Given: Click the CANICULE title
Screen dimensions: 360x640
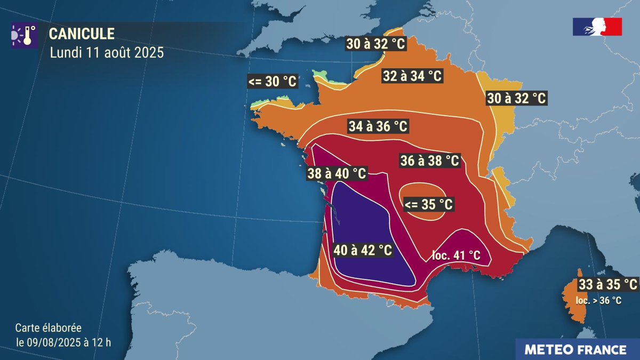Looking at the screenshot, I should coord(82,34).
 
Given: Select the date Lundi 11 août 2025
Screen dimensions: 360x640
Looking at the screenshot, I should coord(107,53).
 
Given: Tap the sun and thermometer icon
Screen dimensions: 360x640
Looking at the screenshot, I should coord(24,36).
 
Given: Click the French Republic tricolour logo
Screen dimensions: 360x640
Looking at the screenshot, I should coord(597,27).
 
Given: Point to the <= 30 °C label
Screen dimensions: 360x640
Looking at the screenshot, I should coord(272,82).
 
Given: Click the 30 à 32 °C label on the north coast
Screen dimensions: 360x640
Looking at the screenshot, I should coord(376,44).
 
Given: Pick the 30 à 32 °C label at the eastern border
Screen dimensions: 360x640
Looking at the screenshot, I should coord(516,98).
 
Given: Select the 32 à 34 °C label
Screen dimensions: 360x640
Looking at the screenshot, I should coord(412,76).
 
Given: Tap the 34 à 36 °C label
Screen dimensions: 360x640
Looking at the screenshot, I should coord(378,126).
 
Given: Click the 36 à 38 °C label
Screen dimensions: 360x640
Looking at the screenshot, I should coord(429,160).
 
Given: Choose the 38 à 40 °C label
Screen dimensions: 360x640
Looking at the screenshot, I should coord(337,173).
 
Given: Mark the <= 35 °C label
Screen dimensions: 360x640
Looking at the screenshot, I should coord(428,204).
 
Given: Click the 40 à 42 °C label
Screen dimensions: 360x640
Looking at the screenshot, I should coord(363,250).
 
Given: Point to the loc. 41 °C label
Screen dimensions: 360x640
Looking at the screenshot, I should coord(455,255).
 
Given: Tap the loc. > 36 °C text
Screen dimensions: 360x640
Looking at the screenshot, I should coord(598,301).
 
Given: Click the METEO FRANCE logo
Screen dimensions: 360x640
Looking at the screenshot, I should coord(575,350).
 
